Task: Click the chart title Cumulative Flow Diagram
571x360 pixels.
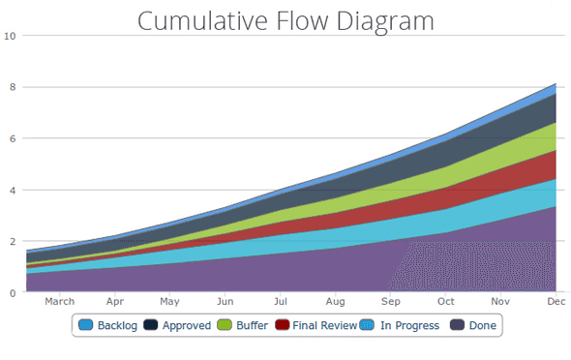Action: [285, 20]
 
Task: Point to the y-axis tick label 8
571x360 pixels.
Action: [11, 87]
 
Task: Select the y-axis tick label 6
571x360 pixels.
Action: [11, 138]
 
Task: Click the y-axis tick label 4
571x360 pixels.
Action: [11, 190]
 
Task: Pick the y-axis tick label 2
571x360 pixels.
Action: [11, 241]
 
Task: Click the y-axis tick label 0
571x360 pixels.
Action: [11, 292]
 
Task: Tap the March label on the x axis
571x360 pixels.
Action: [59, 302]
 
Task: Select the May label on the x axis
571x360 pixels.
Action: [169, 302]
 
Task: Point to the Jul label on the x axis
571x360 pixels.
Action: [280, 302]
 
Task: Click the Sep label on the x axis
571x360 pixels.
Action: [390, 302]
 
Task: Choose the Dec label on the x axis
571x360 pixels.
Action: [556, 302]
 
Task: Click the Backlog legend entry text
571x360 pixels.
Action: [116, 326]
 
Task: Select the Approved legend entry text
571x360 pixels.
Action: [187, 326]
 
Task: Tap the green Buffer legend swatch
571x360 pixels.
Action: [225, 326]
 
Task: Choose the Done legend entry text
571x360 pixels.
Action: [482, 326]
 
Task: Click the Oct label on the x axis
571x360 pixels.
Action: [446, 302]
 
